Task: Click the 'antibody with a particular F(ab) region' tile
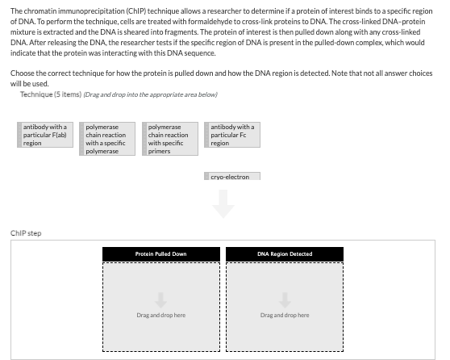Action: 45,135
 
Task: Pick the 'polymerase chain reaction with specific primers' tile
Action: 170,139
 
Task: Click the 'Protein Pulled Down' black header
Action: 161,254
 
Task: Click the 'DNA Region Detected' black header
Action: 285,254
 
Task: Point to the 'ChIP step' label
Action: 26,233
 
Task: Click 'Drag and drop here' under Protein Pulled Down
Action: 161,315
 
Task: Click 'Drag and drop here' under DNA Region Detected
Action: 285,315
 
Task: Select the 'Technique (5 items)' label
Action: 48,94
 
